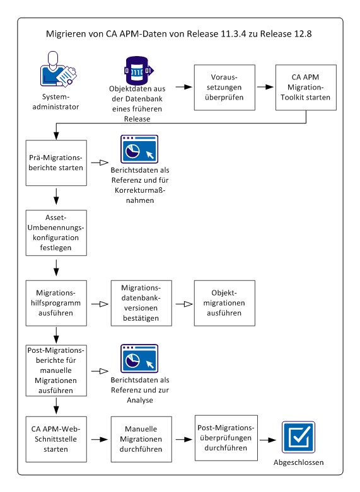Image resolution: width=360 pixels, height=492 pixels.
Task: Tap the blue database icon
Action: coord(137,71)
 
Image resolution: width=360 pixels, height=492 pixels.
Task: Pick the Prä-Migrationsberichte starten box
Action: coord(57,163)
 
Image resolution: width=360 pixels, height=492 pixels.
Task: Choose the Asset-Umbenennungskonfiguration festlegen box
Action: coord(57,232)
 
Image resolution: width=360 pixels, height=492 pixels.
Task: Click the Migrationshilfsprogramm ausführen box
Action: coord(57,303)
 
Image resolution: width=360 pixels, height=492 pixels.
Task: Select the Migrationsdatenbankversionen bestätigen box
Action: coord(141,303)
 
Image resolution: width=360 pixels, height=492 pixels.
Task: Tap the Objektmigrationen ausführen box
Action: coord(224,303)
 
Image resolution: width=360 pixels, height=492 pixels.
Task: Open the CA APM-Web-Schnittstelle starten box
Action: coord(57,438)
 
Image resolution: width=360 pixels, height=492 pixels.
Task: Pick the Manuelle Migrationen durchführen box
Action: coord(141,438)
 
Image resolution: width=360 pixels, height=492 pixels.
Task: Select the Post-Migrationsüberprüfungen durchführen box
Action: coord(224,438)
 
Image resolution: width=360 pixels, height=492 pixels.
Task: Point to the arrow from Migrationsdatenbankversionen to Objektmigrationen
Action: coord(183,303)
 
